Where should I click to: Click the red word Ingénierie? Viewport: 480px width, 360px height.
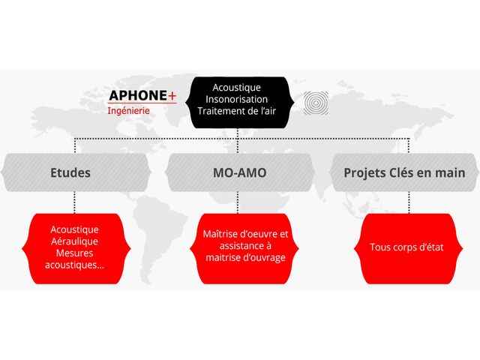coord(129,110)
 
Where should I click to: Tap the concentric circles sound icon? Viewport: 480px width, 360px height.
coord(315,102)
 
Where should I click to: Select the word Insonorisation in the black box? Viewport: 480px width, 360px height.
coord(237,99)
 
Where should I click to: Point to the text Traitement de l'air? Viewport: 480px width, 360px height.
coord(237,111)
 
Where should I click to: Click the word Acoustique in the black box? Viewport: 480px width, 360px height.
coord(237,87)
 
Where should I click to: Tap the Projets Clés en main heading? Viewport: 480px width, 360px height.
coord(404,172)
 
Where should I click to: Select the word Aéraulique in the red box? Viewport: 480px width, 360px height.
coord(74,241)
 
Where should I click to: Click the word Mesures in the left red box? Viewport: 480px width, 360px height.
coord(74,253)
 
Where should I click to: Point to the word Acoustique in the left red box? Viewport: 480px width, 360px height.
coord(74,229)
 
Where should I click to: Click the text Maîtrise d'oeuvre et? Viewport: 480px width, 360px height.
coord(245,234)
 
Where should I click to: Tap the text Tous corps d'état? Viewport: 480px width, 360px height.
coord(406,247)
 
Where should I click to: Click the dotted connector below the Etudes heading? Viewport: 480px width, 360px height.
coord(74,201)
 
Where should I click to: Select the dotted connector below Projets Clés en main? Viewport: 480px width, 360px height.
coord(409,201)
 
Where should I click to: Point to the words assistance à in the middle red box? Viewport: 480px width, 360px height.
coord(245,246)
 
